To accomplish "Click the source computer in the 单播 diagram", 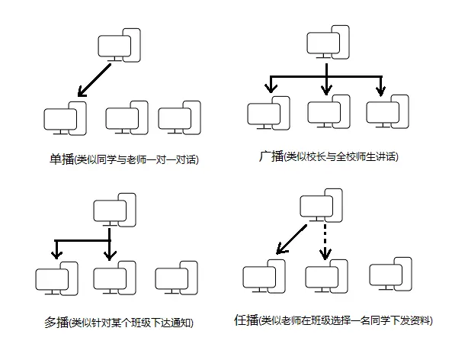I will coord(120,47).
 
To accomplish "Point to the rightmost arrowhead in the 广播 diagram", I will coord(380,92).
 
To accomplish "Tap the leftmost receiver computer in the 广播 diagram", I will coord(268,112).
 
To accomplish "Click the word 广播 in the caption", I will coord(271,157).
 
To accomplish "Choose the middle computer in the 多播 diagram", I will coord(114,280).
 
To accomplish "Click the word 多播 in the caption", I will coord(57,323).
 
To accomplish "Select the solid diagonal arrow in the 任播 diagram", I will coord(292,237).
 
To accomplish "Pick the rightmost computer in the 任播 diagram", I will coord(390,277).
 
